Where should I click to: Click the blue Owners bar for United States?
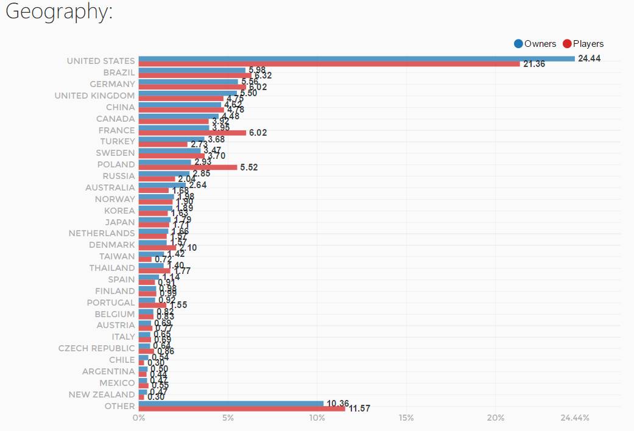point(356,58)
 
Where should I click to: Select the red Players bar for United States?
point(329,64)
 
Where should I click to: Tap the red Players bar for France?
point(192,133)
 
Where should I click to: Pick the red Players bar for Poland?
point(188,167)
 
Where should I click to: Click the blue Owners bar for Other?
point(231,403)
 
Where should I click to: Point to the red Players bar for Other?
point(242,408)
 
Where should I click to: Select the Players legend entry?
point(583,44)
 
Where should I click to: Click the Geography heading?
point(59,13)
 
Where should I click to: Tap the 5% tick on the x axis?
point(228,418)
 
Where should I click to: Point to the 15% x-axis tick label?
point(406,418)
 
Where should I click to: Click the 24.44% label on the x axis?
point(574,418)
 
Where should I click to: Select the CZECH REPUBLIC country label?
point(96,348)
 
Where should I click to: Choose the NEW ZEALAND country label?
point(101,394)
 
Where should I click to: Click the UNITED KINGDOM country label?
point(94,96)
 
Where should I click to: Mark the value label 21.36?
point(534,64)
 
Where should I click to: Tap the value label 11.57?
point(359,409)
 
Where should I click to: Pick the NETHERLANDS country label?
point(101,233)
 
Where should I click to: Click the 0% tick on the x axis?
point(139,418)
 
